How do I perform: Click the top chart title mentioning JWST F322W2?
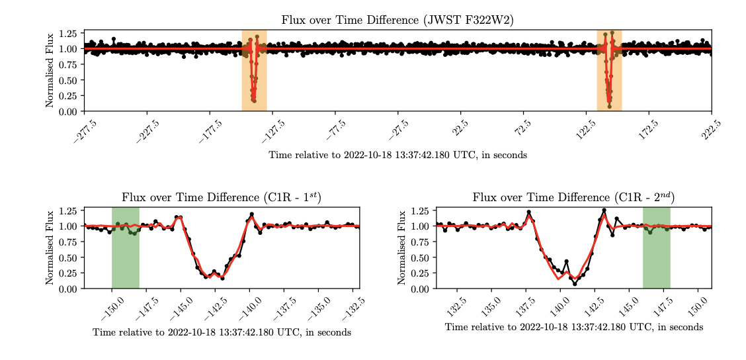(x=397, y=20)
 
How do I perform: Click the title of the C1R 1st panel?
(x=222, y=197)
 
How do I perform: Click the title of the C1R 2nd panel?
(x=573, y=197)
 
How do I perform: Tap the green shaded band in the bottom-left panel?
(x=125, y=265)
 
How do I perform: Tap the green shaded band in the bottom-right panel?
(x=657, y=265)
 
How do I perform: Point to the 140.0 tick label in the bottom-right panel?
(x=557, y=306)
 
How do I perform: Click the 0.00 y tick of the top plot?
(x=68, y=111)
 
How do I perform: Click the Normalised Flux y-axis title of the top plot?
(x=50, y=70)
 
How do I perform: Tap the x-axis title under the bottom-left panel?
(x=222, y=332)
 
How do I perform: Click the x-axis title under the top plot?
(x=397, y=155)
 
